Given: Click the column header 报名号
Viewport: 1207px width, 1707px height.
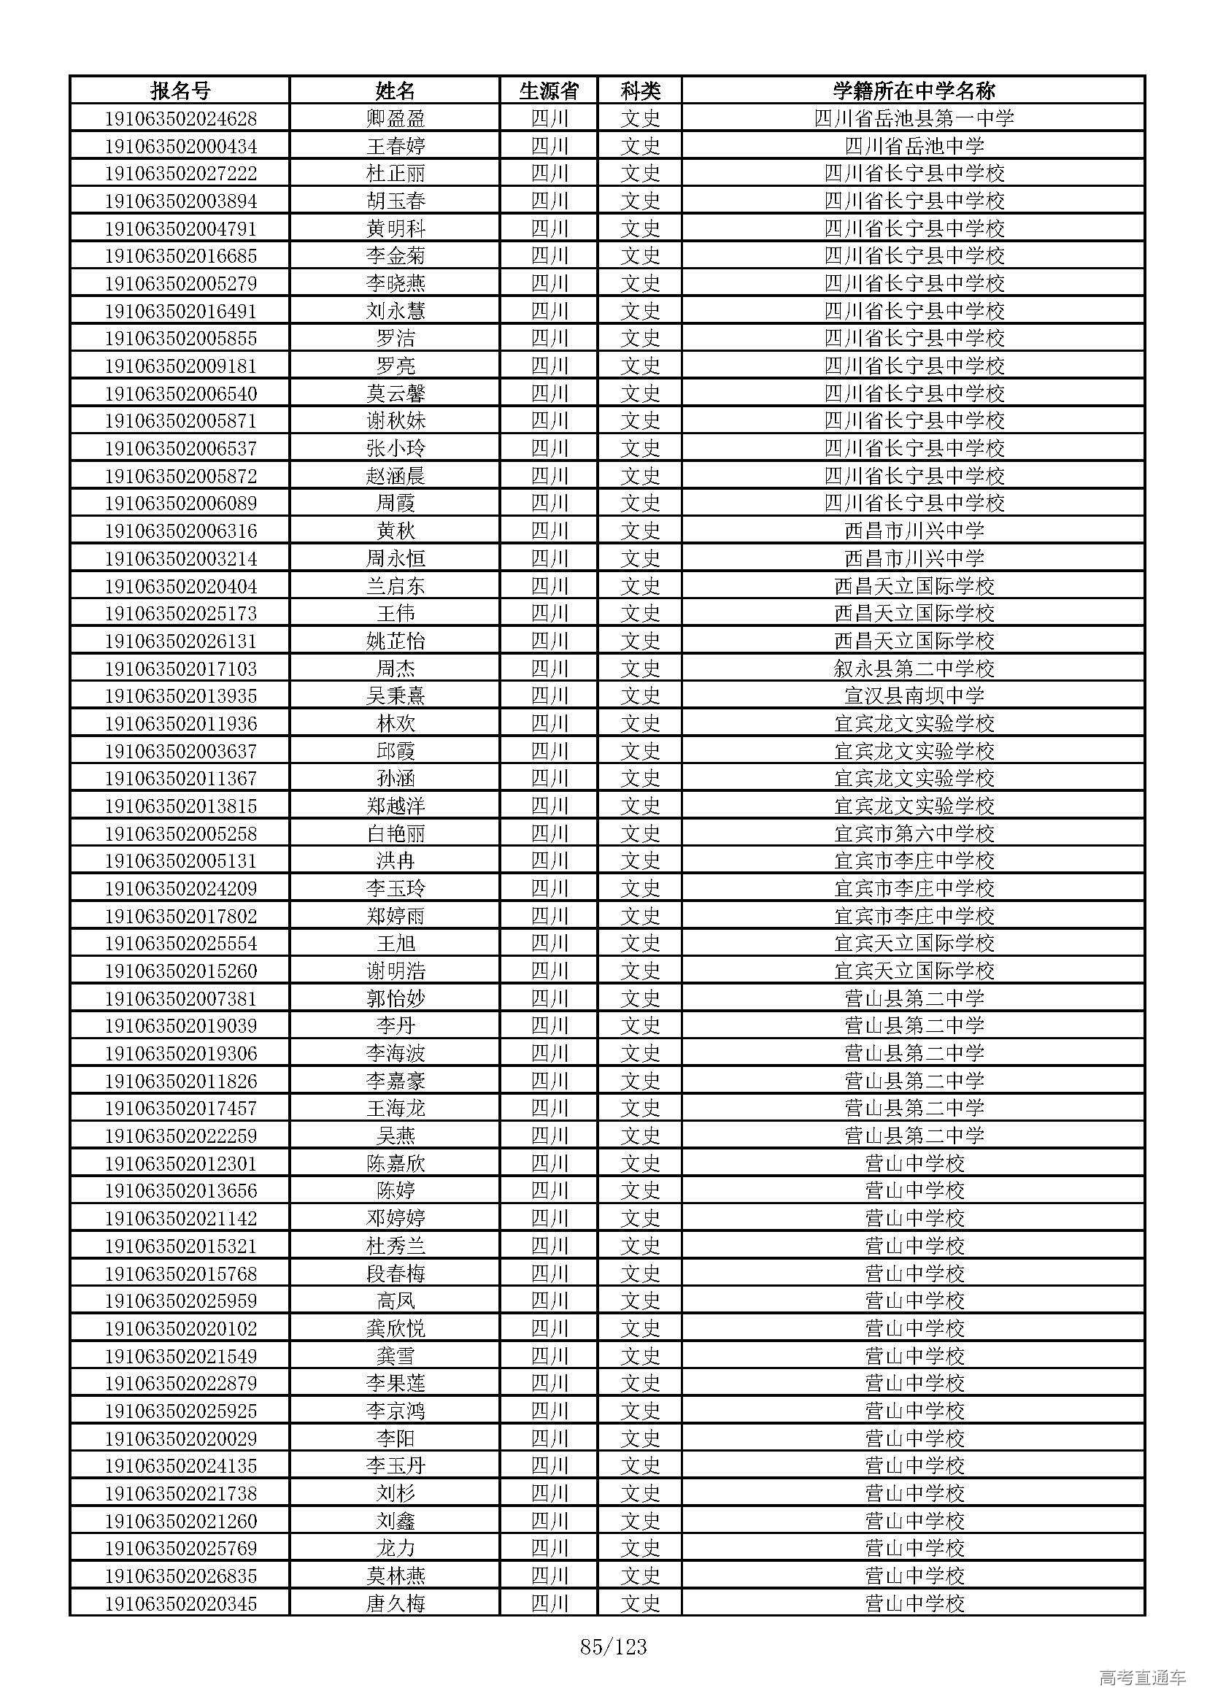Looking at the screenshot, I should (180, 90).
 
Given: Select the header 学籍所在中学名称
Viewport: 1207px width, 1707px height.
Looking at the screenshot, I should (914, 90).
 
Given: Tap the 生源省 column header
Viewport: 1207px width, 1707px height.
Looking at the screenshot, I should (549, 90).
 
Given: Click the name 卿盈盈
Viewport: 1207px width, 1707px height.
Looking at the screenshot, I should (396, 118).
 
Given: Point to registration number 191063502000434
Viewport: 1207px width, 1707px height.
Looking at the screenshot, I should (180, 146).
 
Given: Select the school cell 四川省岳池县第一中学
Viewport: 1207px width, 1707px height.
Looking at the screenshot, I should (914, 118).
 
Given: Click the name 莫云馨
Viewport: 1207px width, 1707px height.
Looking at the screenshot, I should (396, 393).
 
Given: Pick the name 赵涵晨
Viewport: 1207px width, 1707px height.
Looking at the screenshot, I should (396, 476).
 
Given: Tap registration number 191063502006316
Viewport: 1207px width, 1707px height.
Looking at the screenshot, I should (180, 531).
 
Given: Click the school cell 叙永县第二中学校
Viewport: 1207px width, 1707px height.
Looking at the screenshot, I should (914, 668).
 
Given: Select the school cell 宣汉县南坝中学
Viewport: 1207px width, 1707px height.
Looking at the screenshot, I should (914, 696).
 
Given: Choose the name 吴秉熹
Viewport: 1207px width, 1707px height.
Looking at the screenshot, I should (396, 696).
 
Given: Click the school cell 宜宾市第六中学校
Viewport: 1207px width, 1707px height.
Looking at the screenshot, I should (914, 833).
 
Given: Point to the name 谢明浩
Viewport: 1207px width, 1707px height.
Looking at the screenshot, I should (396, 971).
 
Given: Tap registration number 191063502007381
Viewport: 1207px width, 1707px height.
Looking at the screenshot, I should (180, 998).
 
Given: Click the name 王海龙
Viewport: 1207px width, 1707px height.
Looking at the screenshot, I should (396, 1109).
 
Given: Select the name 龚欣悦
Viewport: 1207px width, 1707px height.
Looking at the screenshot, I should (396, 1328).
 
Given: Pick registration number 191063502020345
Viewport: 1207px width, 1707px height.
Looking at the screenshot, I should (180, 1603).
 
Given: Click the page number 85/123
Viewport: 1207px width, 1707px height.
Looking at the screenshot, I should (613, 1648).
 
